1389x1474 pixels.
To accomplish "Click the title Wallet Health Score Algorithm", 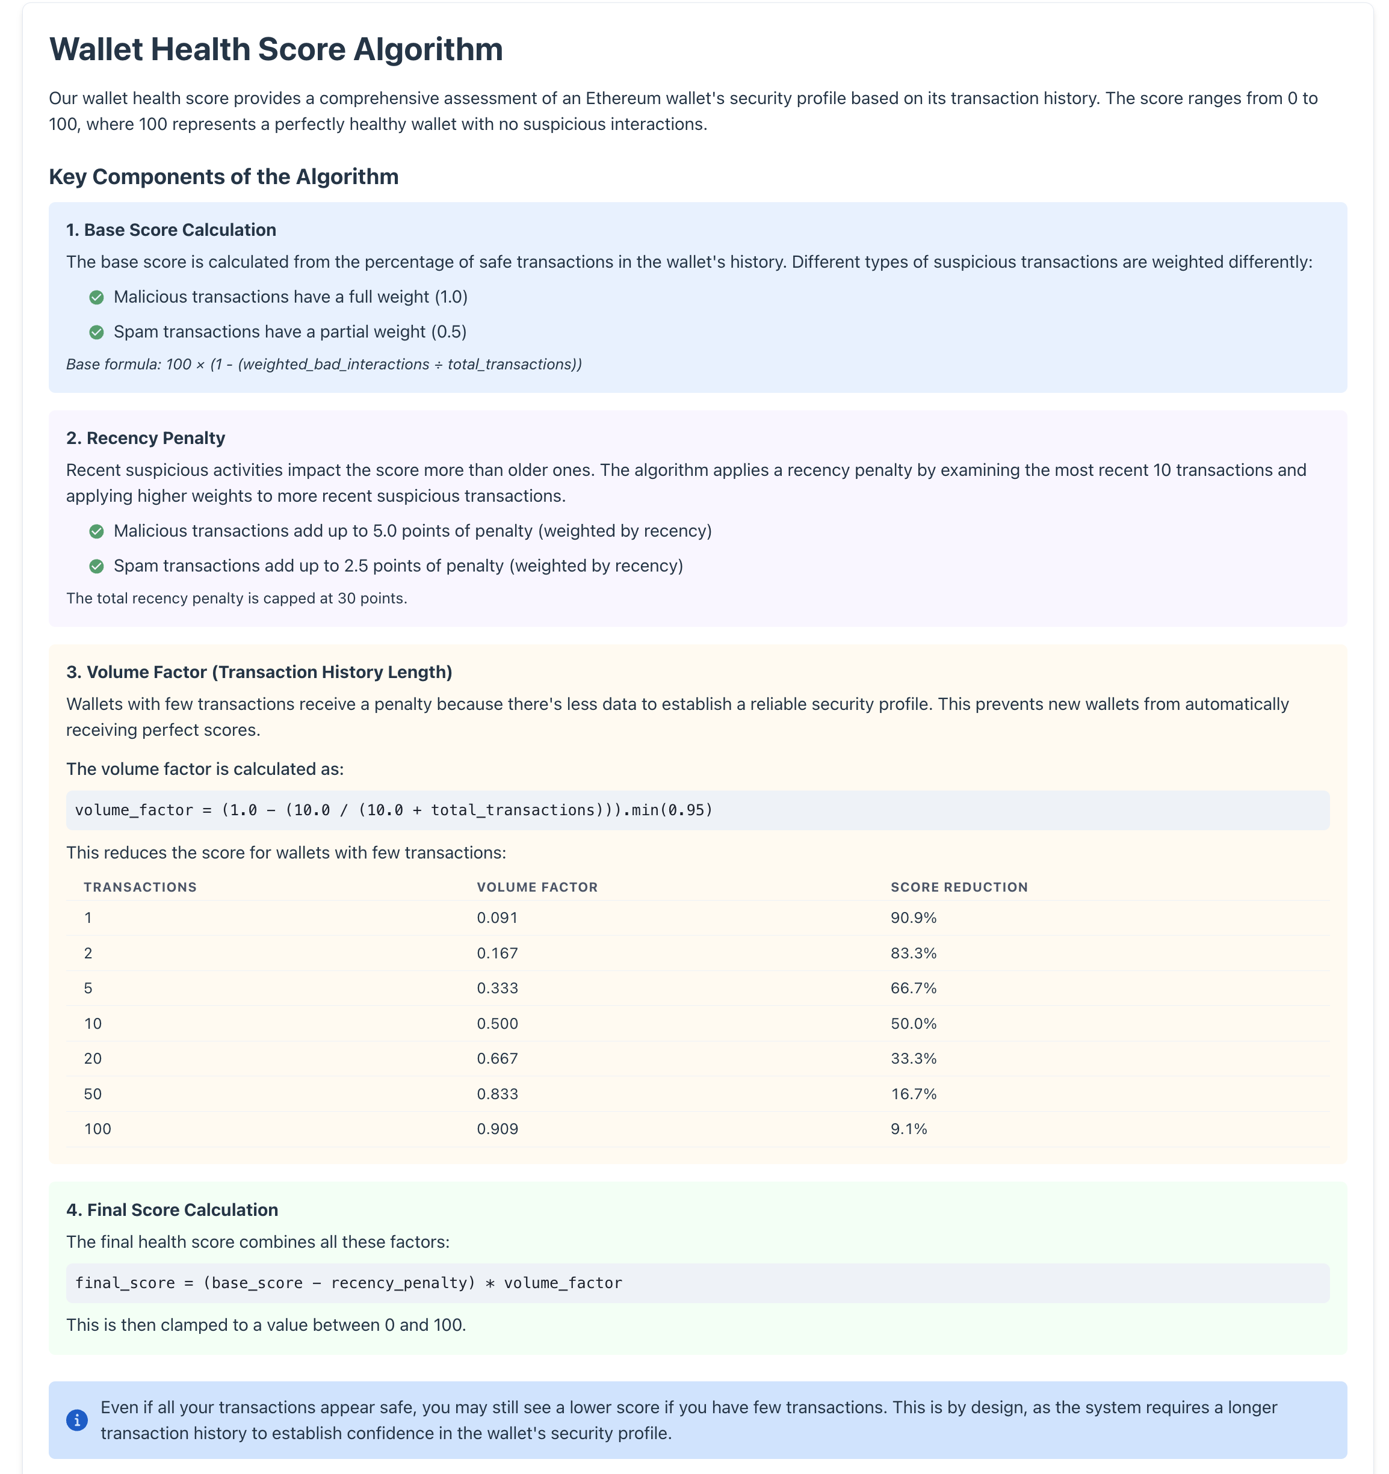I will pyautogui.click(x=276, y=50).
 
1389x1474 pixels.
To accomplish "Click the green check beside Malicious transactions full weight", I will pyautogui.click(x=96, y=297).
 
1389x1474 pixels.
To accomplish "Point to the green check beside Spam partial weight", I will pyautogui.click(x=96, y=332).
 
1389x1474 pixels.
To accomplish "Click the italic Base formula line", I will pyautogui.click(x=323, y=364).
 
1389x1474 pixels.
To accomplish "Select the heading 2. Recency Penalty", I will pyautogui.click(x=146, y=438).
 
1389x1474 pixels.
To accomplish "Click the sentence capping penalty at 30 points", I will pyautogui.click(x=237, y=599).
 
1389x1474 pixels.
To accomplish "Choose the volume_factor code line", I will pyautogui.click(x=393, y=810).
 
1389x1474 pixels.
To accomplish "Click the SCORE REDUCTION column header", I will pyautogui.click(x=959, y=887).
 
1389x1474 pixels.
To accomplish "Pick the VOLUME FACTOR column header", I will pyautogui.click(x=537, y=887).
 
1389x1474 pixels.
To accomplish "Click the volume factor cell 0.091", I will pyautogui.click(x=497, y=918).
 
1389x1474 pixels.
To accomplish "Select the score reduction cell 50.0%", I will pyautogui.click(x=913, y=1024).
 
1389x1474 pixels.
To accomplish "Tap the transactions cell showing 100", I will pyautogui.click(x=97, y=1129).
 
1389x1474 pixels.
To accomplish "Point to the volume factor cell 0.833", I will pyautogui.click(x=497, y=1094).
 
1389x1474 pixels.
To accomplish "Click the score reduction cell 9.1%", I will pyautogui.click(x=909, y=1129).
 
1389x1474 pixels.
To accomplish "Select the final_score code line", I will pyautogui.click(x=348, y=1283).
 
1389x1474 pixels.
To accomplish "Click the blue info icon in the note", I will pyautogui.click(x=77, y=1420).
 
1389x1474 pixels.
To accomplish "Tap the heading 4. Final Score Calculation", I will pyautogui.click(x=172, y=1210).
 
